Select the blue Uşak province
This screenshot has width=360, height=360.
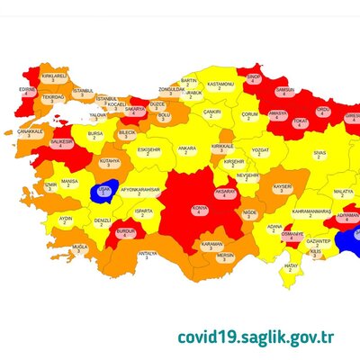[103, 190]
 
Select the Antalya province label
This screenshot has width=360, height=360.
[148, 256]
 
